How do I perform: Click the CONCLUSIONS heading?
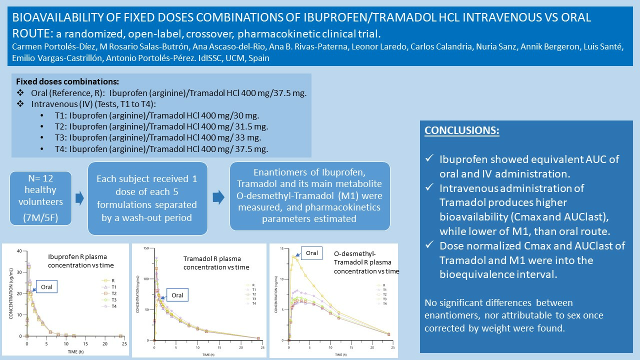[461, 130]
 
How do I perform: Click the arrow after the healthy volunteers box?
[79, 199]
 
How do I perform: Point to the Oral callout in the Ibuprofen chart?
[45, 286]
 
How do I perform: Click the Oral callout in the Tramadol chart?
[177, 295]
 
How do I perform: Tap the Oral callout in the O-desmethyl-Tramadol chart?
[311, 253]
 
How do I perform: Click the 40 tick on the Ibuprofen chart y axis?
[19, 250]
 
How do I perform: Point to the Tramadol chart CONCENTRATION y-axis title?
[137, 295]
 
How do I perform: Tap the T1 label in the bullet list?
[60, 114]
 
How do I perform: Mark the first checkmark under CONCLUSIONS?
[429, 159]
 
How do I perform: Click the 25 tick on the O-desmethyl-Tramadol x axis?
[392, 347]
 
